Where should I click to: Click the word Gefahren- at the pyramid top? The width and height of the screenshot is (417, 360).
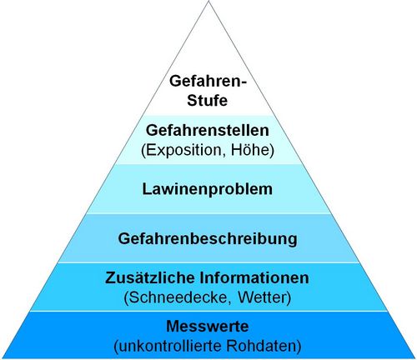tap(208, 82)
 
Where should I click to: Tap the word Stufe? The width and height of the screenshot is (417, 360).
tap(207, 100)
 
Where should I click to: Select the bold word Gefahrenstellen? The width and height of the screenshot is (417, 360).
tap(208, 130)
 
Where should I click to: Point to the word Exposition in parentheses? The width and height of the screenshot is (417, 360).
tap(183, 150)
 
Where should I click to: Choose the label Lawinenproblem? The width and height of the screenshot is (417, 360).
tap(208, 189)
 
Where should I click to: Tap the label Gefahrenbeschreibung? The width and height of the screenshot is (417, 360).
tap(208, 239)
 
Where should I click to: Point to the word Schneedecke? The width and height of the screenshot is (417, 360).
tap(178, 297)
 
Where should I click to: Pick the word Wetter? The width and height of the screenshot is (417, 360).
tap(263, 297)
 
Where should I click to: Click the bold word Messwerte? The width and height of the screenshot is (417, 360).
tap(208, 326)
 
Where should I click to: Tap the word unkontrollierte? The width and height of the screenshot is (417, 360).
tap(169, 346)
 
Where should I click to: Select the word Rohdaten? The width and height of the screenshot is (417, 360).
tap(261, 346)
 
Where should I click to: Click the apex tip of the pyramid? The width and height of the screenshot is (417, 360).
tap(208, 1)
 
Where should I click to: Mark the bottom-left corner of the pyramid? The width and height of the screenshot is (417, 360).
tap(2, 358)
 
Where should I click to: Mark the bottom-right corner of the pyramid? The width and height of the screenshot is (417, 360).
tap(415, 358)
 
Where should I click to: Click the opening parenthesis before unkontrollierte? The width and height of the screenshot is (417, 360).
tap(116, 347)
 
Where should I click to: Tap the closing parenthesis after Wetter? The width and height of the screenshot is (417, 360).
tap(289, 298)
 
